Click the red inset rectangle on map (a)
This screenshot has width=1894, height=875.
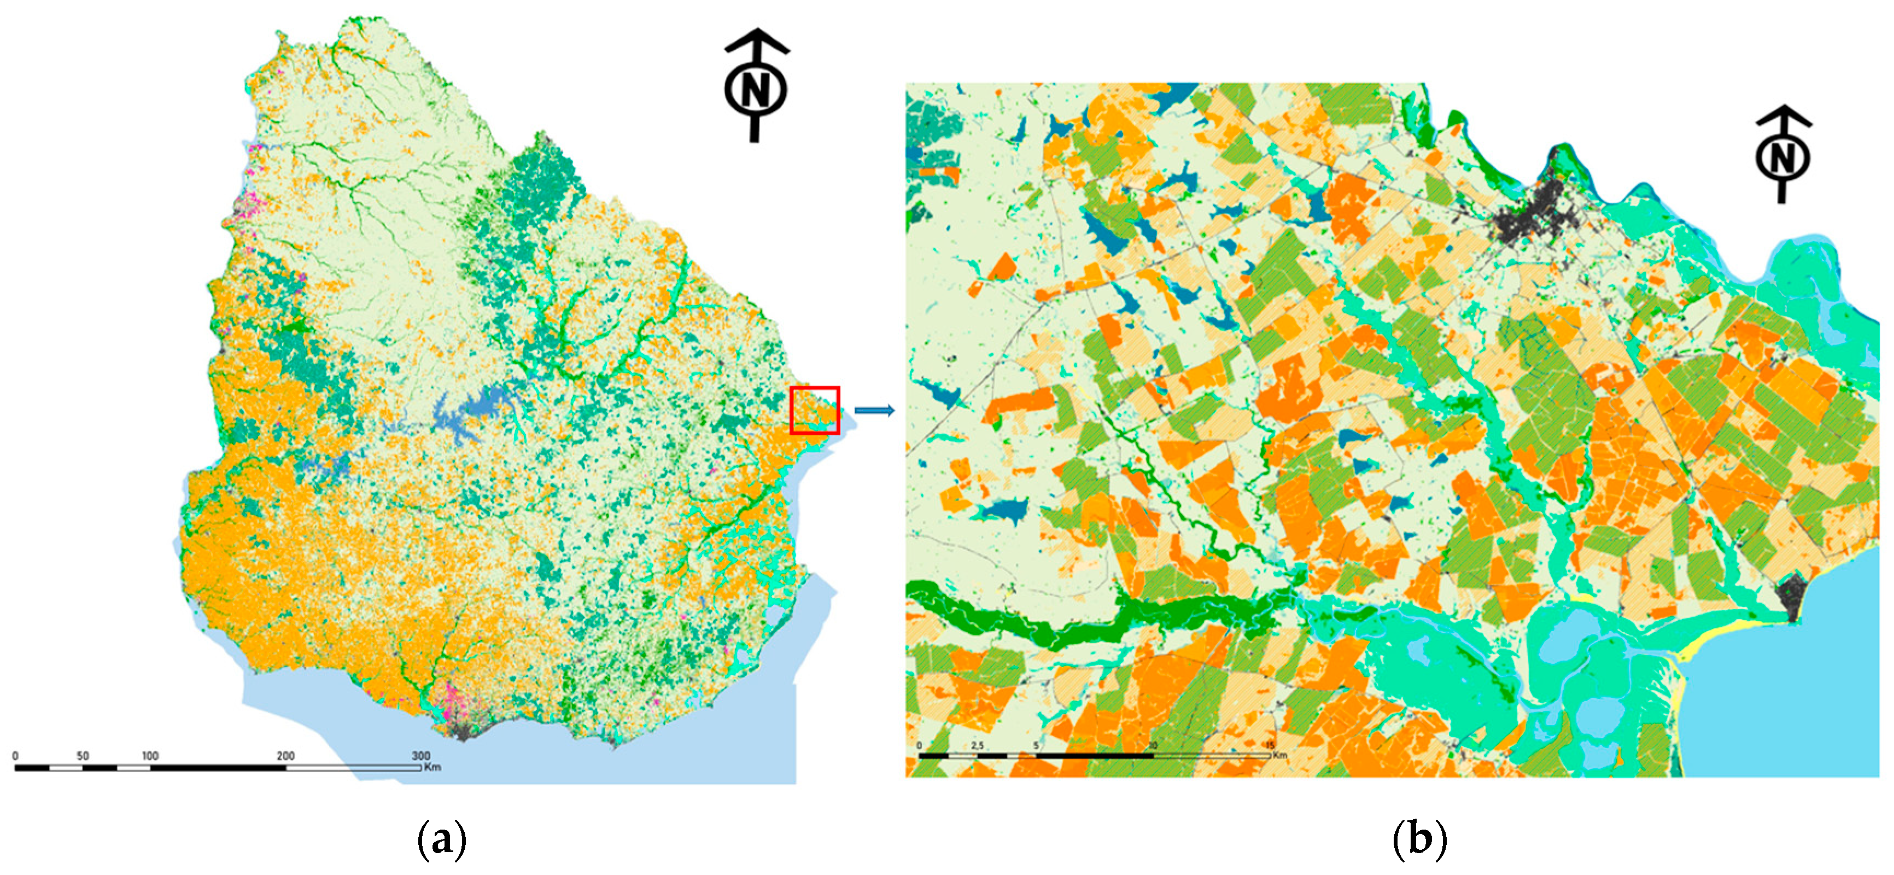(x=814, y=410)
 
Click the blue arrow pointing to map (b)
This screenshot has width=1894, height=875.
(x=874, y=410)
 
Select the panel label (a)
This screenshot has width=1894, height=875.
(x=441, y=838)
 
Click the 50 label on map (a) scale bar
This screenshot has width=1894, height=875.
(x=83, y=756)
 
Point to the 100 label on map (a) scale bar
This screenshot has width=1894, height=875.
(x=149, y=756)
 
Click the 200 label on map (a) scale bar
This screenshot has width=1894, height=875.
(x=285, y=756)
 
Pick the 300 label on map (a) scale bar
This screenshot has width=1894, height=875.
(x=420, y=756)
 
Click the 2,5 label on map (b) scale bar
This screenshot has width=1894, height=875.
(x=977, y=745)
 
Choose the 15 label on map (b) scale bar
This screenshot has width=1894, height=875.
(x=1271, y=745)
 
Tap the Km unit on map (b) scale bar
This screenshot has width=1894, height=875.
(x=1281, y=755)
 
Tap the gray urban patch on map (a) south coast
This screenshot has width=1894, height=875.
(x=463, y=730)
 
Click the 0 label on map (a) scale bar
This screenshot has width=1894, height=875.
(x=15, y=756)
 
